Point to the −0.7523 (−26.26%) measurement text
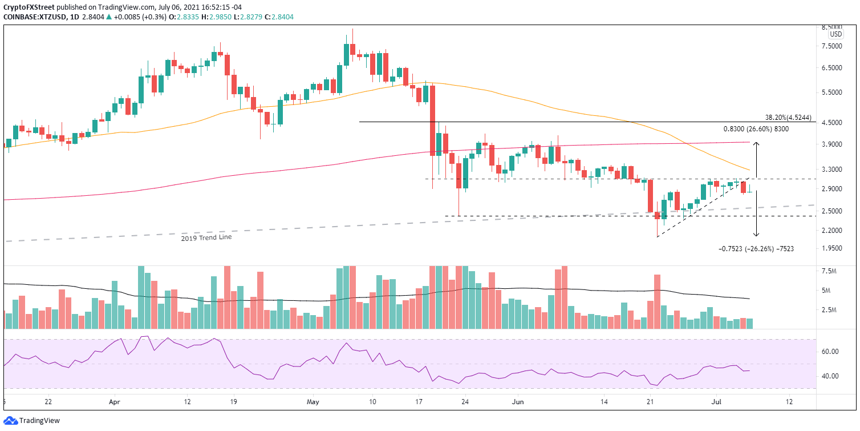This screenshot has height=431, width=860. coord(756,248)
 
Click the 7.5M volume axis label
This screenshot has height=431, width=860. coord(832,271)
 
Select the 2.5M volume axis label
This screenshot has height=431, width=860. coord(832,310)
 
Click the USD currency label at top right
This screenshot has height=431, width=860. coord(835,34)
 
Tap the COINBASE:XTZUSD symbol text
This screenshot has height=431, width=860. coord(33,17)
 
